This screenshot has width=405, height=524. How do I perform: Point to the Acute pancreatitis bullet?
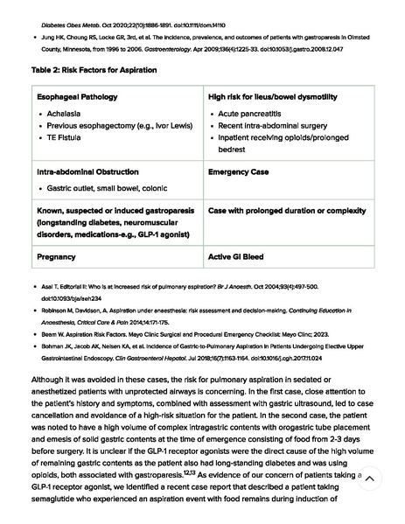pyautogui.click(x=249, y=114)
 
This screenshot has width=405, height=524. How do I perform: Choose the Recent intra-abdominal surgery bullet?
pyautogui.click(x=272, y=126)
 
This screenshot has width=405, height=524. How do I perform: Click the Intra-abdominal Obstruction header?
pyautogui.click(x=87, y=172)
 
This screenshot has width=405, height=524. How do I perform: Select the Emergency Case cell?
pyautogui.click(x=238, y=172)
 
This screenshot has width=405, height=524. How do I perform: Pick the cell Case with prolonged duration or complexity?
pyautogui.click(x=287, y=211)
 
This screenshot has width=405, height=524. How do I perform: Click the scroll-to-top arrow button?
pyautogui.click(x=370, y=479)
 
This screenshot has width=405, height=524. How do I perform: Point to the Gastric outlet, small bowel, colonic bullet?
pyautogui.click(x=107, y=188)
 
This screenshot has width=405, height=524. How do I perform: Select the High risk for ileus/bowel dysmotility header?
pyautogui.click(x=272, y=97)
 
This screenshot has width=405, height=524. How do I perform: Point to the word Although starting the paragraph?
pyautogui.click(x=50, y=380)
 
